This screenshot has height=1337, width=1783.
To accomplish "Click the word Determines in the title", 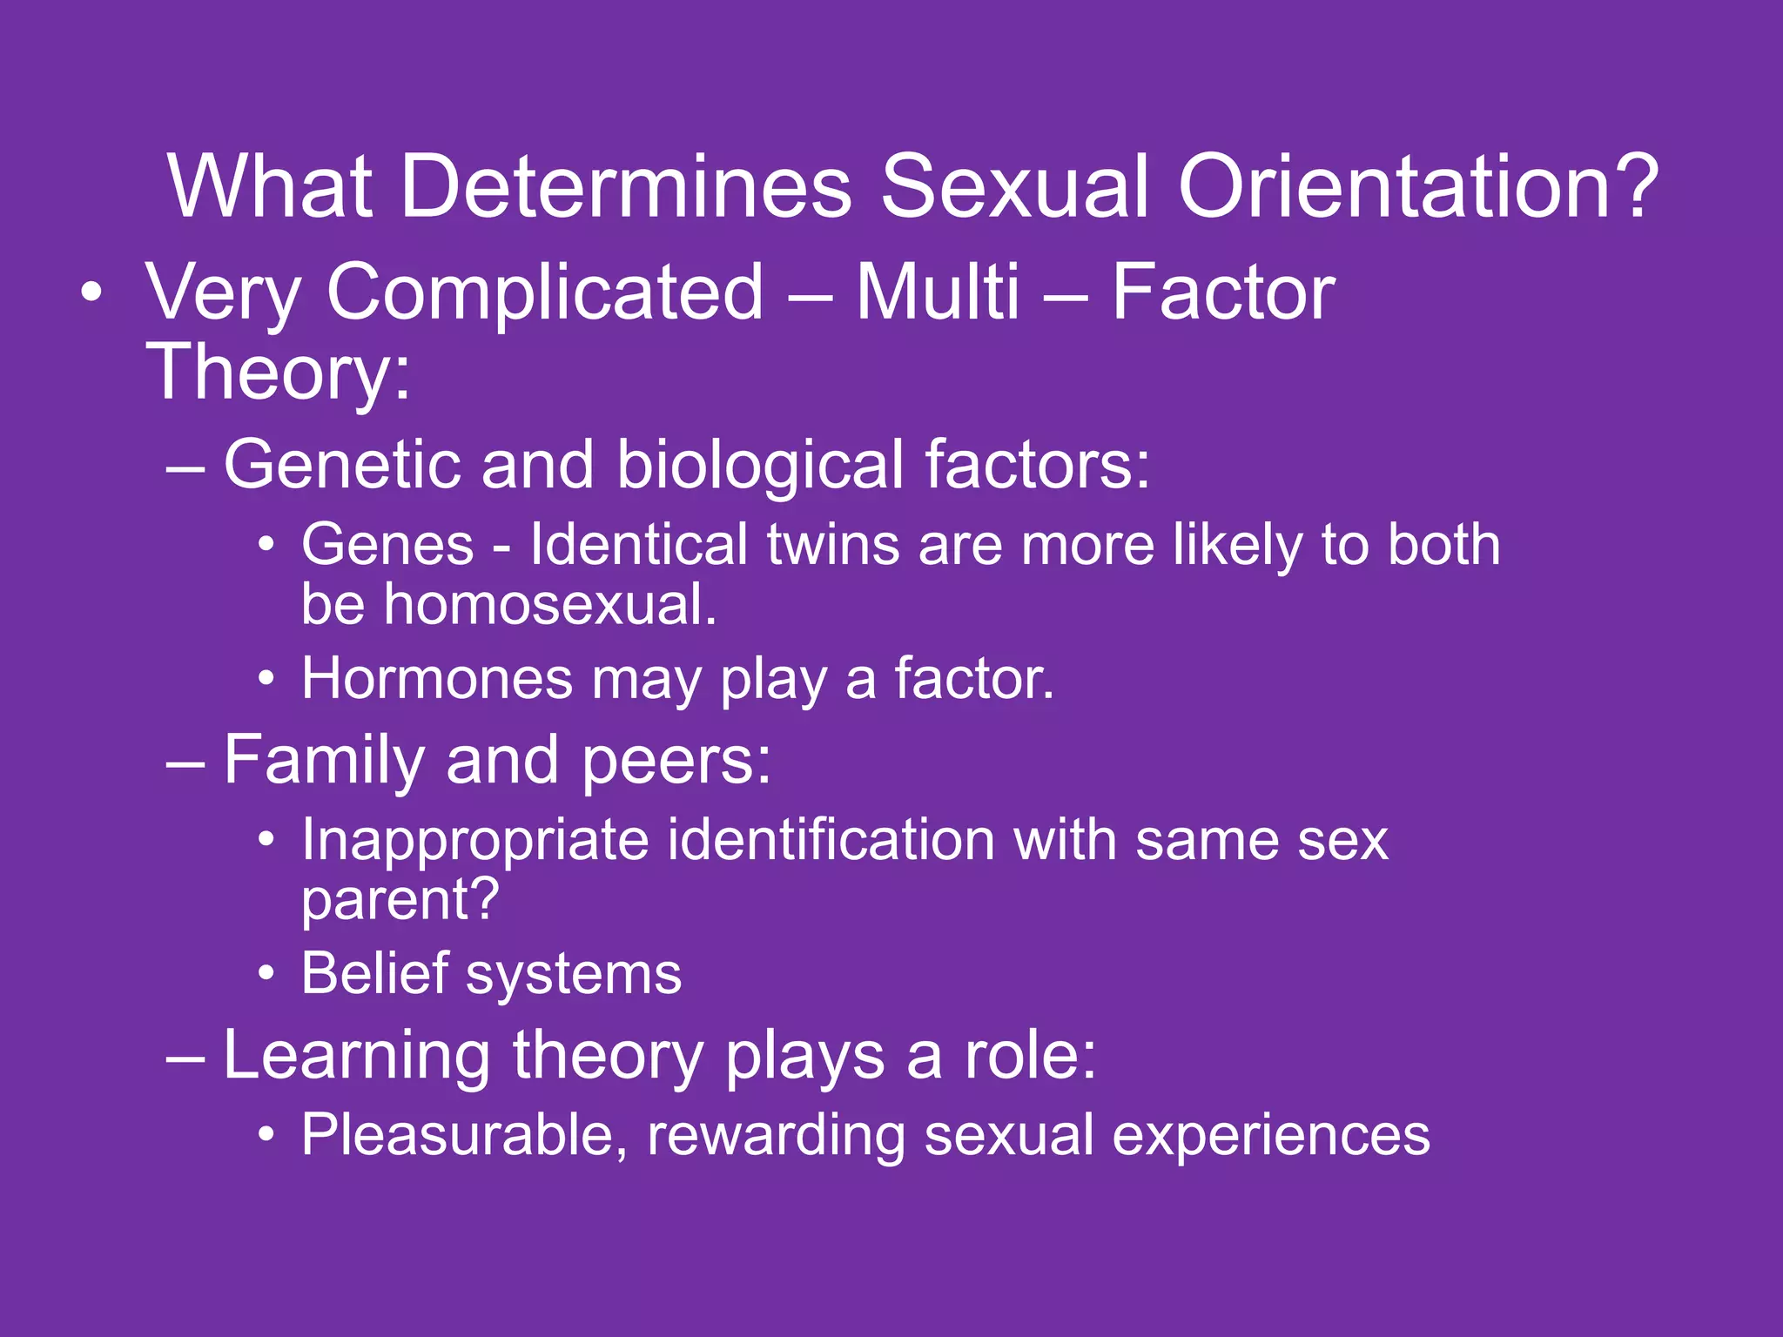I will tap(625, 186).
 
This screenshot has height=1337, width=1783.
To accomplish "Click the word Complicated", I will tap(544, 294).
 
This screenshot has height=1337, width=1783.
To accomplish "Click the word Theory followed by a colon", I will tap(277, 373).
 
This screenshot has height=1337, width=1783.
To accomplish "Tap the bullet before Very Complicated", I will tap(91, 293).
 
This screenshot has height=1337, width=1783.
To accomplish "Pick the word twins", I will tap(832, 545).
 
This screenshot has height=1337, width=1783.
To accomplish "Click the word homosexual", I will tap(550, 604).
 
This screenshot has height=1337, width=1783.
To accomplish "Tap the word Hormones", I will tap(437, 679).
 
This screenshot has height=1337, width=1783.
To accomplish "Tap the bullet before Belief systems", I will tap(267, 973).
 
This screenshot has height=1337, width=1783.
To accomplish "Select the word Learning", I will tap(357, 1057).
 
